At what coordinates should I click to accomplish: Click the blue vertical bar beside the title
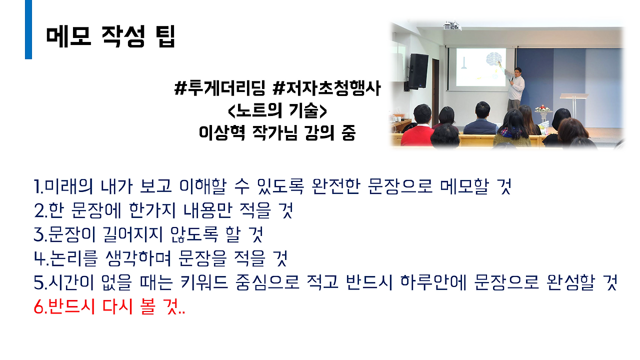tap(28, 29)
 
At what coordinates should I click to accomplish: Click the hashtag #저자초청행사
tap(327, 89)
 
